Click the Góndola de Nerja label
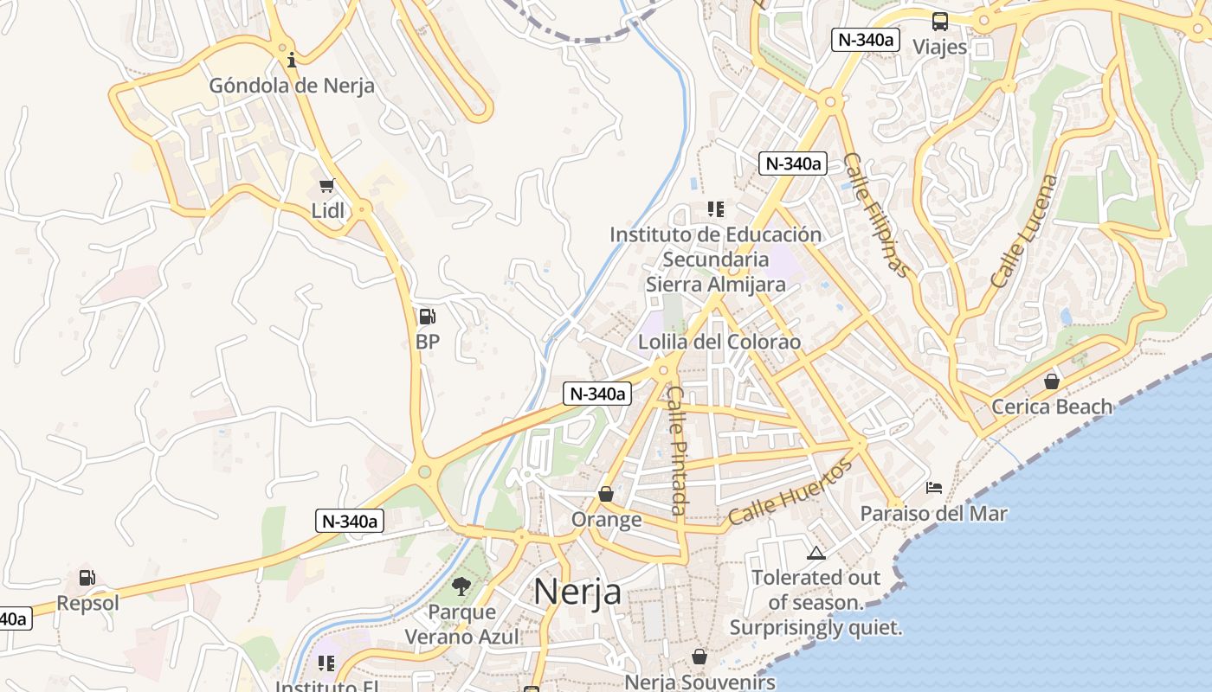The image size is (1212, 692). click(292, 86)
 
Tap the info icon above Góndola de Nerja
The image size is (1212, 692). click(292, 60)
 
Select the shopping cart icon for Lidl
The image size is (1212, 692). click(327, 185)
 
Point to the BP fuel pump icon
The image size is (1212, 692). click(427, 317)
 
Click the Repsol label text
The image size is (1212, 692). click(87, 603)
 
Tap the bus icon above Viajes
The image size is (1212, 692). click(940, 22)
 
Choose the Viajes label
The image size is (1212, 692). click(940, 47)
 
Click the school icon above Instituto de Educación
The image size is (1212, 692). click(715, 208)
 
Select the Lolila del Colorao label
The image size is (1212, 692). click(719, 342)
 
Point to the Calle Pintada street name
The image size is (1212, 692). click(679, 450)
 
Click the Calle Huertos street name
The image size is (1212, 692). click(790, 495)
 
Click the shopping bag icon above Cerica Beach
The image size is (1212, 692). click(1052, 381)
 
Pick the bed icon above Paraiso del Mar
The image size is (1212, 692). click(933, 488)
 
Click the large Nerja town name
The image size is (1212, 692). click(577, 592)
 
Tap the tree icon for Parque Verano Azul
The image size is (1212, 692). click(461, 586)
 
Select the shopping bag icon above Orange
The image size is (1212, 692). click(606, 494)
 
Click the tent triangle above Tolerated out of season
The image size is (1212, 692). click(816, 553)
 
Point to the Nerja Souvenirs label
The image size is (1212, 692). click(699, 682)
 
